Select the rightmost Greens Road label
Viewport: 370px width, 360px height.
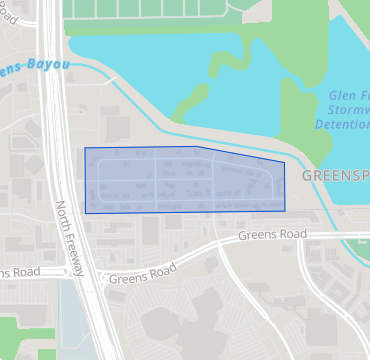(x=271, y=234)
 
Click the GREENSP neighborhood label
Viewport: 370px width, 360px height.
(x=335, y=175)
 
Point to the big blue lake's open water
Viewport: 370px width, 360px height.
(x=150, y=70)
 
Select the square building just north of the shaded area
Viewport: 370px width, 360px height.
(x=117, y=128)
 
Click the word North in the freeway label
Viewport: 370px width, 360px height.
(x=63, y=213)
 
